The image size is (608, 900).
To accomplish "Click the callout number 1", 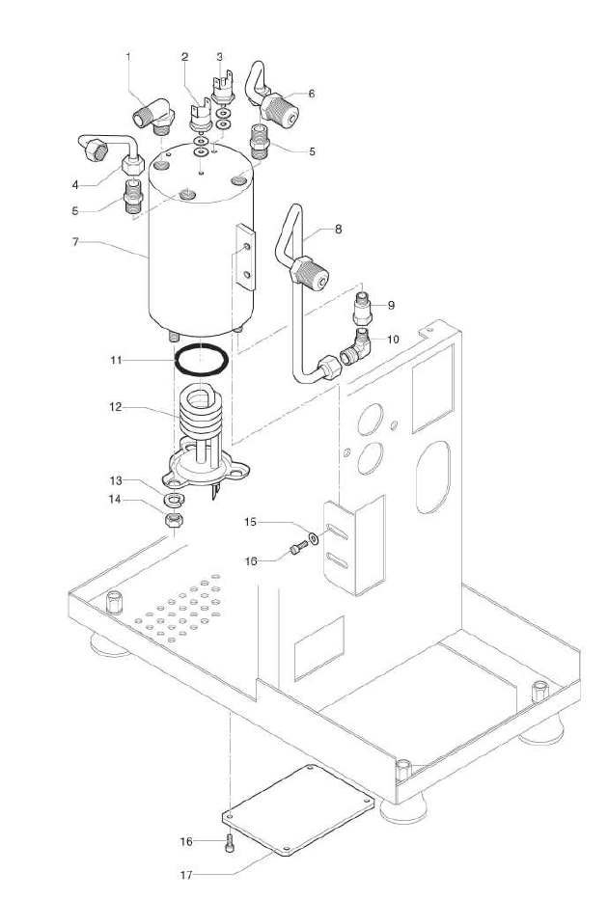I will [128, 57].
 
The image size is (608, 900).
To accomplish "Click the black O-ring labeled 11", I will [202, 360].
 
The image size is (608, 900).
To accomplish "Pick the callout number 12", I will [114, 407].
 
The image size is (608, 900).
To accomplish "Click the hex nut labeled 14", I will [176, 522].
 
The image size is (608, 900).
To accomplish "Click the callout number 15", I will [249, 522].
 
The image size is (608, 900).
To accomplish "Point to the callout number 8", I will [338, 230].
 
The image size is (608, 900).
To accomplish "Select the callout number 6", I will [311, 94].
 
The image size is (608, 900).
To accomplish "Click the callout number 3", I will [220, 57].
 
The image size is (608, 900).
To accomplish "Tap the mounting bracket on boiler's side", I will [243, 259].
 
